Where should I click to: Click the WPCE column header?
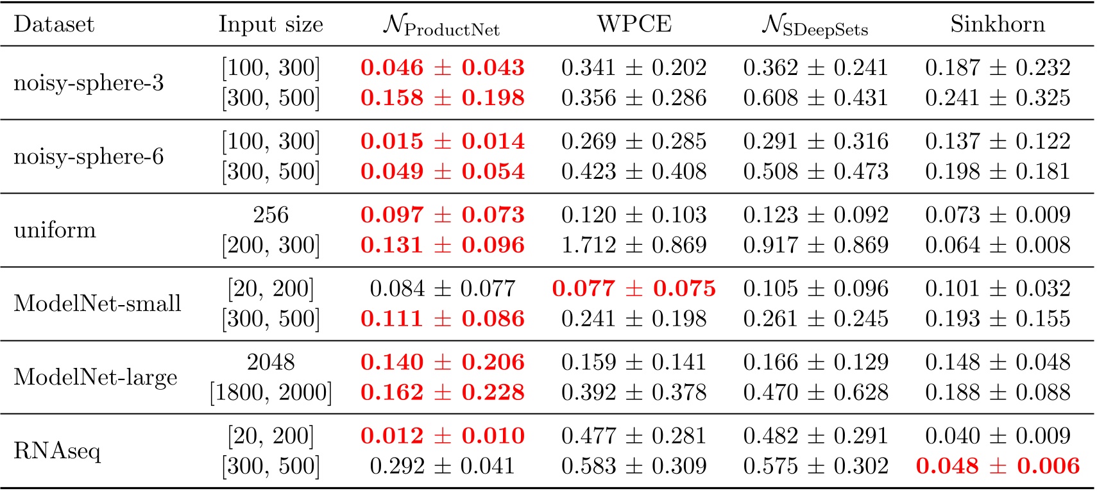tap(634, 24)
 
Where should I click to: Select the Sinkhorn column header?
tap(997, 24)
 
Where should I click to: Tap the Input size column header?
tap(271, 24)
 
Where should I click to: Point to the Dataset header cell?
tap(54, 24)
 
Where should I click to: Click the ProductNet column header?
tap(441, 26)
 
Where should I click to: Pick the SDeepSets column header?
tap(815, 26)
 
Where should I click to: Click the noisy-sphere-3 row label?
tap(89, 83)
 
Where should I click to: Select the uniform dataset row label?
tap(55, 229)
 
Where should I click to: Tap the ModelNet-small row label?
tap(98, 303)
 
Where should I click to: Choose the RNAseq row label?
tap(57, 451)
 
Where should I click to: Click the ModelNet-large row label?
tap(95, 377)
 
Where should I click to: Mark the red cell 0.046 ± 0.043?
tap(442, 67)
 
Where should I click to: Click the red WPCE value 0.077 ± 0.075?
tap(633, 288)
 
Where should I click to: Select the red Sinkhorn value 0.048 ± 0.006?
tap(998, 466)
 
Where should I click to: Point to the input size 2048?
tap(271, 362)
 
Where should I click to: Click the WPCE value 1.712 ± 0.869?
tap(633, 245)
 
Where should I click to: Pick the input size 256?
tap(271, 215)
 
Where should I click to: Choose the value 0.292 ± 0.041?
tap(442, 466)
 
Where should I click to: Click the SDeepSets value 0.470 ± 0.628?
tap(815, 392)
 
